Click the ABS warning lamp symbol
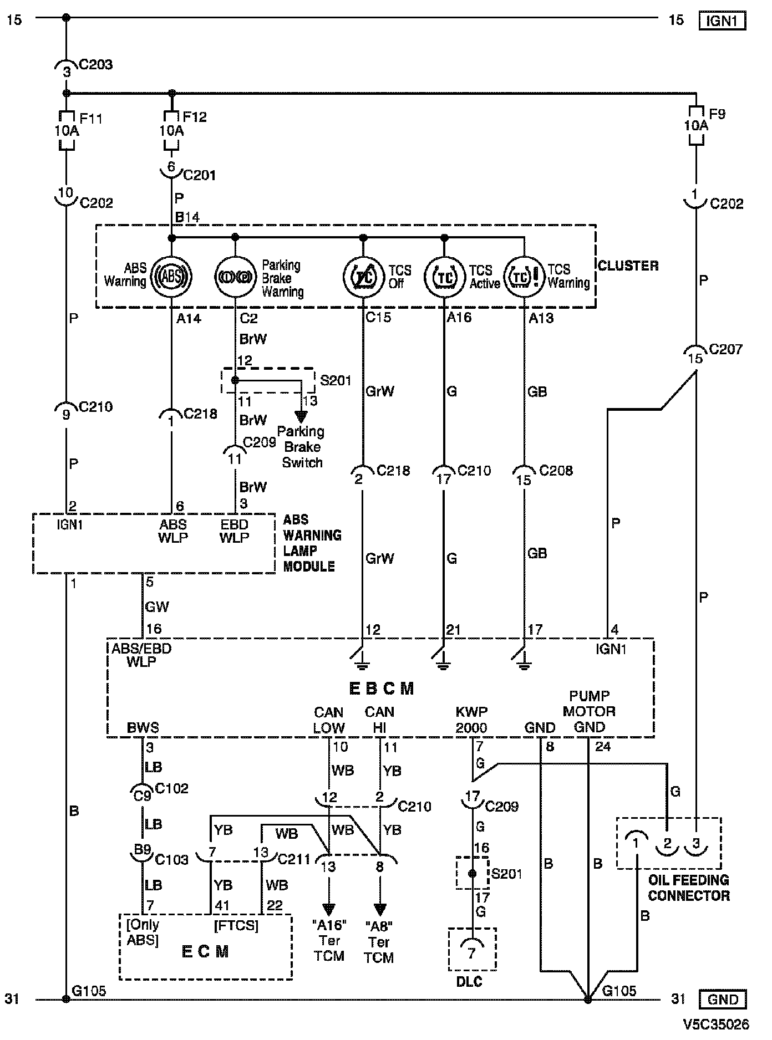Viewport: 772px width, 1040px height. (x=171, y=276)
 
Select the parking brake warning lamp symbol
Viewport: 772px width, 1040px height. (x=235, y=276)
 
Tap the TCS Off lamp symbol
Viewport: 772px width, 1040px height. (x=363, y=277)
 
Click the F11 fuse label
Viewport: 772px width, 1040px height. (x=91, y=118)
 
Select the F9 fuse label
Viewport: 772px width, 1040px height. (x=717, y=114)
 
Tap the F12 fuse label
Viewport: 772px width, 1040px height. (x=195, y=117)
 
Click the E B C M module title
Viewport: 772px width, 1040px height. (x=382, y=689)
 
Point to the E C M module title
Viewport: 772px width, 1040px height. (x=205, y=951)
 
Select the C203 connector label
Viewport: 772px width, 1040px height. (x=96, y=64)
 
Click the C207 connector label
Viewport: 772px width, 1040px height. (x=725, y=349)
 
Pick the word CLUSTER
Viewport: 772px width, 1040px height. (x=628, y=266)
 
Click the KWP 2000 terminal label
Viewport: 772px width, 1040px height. (x=471, y=720)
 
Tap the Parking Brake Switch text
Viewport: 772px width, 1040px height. (x=301, y=447)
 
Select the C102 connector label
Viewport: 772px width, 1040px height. (x=172, y=788)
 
